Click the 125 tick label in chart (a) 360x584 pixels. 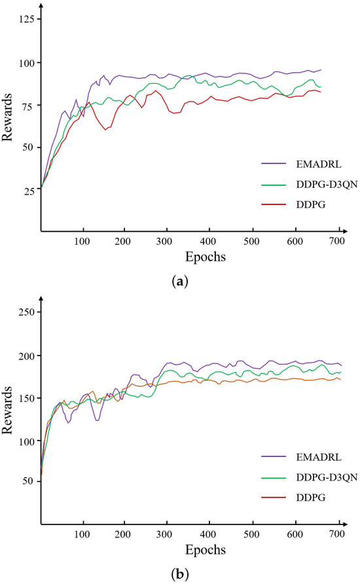(x=26, y=20)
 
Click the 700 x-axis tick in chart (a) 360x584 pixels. (x=337, y=242)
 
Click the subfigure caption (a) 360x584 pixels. (x=179, y=282)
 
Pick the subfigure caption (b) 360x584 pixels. (x=179, y=574)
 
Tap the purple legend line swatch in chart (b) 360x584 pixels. (x=272, y=456)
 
